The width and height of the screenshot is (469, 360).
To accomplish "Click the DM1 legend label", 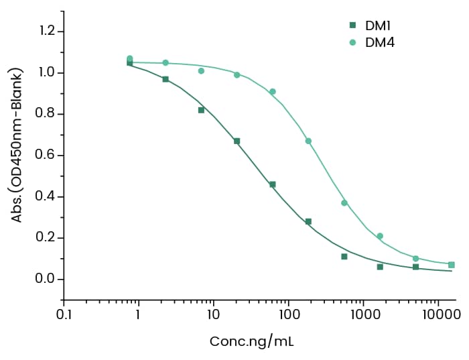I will (378, 25).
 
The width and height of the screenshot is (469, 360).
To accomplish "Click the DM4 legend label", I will (379, 42).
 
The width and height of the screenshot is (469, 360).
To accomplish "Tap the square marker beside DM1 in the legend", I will (352, 25).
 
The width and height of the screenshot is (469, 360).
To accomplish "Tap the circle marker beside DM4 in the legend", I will (352, 42).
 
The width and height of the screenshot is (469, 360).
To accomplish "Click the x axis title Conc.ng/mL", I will (251, 341).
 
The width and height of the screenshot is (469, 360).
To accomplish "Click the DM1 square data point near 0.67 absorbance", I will (237, 141).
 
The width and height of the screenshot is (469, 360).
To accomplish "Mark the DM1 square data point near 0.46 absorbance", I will (273, 184).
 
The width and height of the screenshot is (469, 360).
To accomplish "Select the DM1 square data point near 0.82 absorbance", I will (201, 110).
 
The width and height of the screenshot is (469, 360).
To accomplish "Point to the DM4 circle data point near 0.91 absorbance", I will (273, 91).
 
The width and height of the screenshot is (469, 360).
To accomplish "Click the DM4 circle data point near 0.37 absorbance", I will (344, 202).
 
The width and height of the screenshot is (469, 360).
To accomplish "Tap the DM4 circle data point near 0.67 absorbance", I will (308, 141).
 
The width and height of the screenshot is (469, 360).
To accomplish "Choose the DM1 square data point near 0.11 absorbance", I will (344, 257).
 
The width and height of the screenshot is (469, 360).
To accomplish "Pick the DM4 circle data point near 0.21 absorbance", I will (380, 236).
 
